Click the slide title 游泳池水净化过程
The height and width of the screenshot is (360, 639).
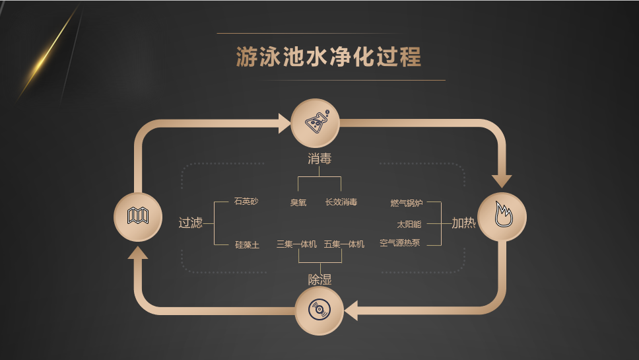click(x=328, y=57)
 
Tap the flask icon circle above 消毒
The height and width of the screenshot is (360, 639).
click(x=316, y=123)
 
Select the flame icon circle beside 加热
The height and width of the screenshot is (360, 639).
click(x=502, y=217)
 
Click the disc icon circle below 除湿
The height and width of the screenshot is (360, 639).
click(x=319, y=309)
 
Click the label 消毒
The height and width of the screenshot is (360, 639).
click(x=319, y=159)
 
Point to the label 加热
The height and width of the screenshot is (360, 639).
click(x=463, y=223)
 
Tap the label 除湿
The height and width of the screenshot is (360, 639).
click(x=319, y=279)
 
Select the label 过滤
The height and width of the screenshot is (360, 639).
click(x=190, y=223)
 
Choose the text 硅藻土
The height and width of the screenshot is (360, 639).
click(x=248, y=244)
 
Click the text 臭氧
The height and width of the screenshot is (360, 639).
click(x=298, y=202)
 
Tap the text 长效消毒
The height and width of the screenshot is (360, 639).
click(x=341, y=202)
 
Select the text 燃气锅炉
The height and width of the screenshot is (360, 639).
click(x=407, y=203)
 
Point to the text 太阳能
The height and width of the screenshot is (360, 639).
click(x=409, y=224)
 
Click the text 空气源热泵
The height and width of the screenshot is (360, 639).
click(x=400, y=244)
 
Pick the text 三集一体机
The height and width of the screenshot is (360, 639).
click(x=296, y=244)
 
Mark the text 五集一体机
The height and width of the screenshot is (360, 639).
click(x=344, y=244)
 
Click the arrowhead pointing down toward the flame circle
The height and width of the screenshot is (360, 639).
click(x=502, y=180)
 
